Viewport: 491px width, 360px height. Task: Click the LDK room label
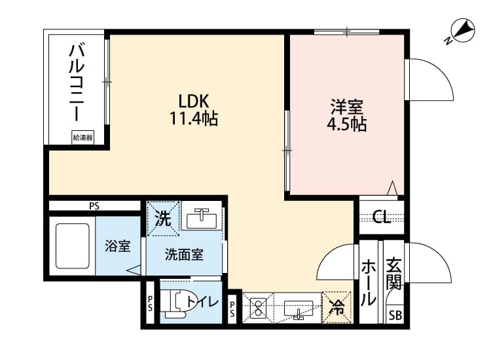(x=194, y=101)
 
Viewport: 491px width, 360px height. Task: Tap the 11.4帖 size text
(x=194, y=119)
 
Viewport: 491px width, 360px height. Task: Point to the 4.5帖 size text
(x=347, y=124)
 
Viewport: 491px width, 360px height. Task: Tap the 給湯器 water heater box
(x=82, y=137)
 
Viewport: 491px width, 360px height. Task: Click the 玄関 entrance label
(x=394, y=274)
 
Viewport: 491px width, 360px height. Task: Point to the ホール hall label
(x=369, y=283)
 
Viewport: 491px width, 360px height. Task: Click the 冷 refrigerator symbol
(x=338, y=306)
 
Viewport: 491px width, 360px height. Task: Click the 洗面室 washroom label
(x=184, y=255)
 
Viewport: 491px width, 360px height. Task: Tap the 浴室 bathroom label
(x=118, y=247)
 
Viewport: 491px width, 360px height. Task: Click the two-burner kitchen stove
(x=257, y=306)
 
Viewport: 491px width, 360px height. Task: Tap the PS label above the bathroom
(x=94, y=206)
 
